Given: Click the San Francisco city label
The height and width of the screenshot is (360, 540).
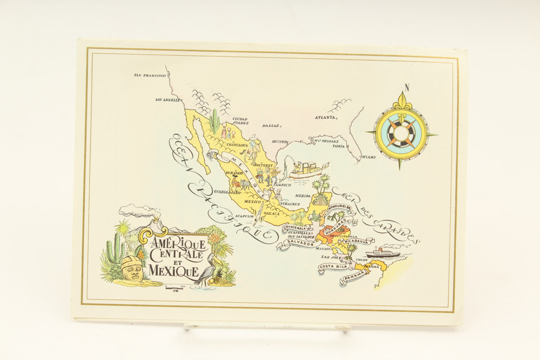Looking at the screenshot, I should point(150,76).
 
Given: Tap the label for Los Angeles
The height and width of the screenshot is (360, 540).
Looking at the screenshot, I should point(166,100).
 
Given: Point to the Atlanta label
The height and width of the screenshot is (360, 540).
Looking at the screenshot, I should point(326,117).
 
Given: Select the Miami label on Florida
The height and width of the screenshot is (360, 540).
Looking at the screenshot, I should point(368,157).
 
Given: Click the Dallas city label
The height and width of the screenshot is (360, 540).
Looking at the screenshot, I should point(271,126).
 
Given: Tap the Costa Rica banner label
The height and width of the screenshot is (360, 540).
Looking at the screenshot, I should point(333,267).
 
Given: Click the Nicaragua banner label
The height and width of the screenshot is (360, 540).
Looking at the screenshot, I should point(359,241).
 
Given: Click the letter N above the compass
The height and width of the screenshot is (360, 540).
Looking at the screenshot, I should point(407,88).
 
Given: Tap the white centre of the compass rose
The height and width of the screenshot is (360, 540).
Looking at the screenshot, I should point(401,133).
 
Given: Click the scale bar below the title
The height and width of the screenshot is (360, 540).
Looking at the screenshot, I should point(175,288).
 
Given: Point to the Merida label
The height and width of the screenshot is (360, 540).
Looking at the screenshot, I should point(303,195).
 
